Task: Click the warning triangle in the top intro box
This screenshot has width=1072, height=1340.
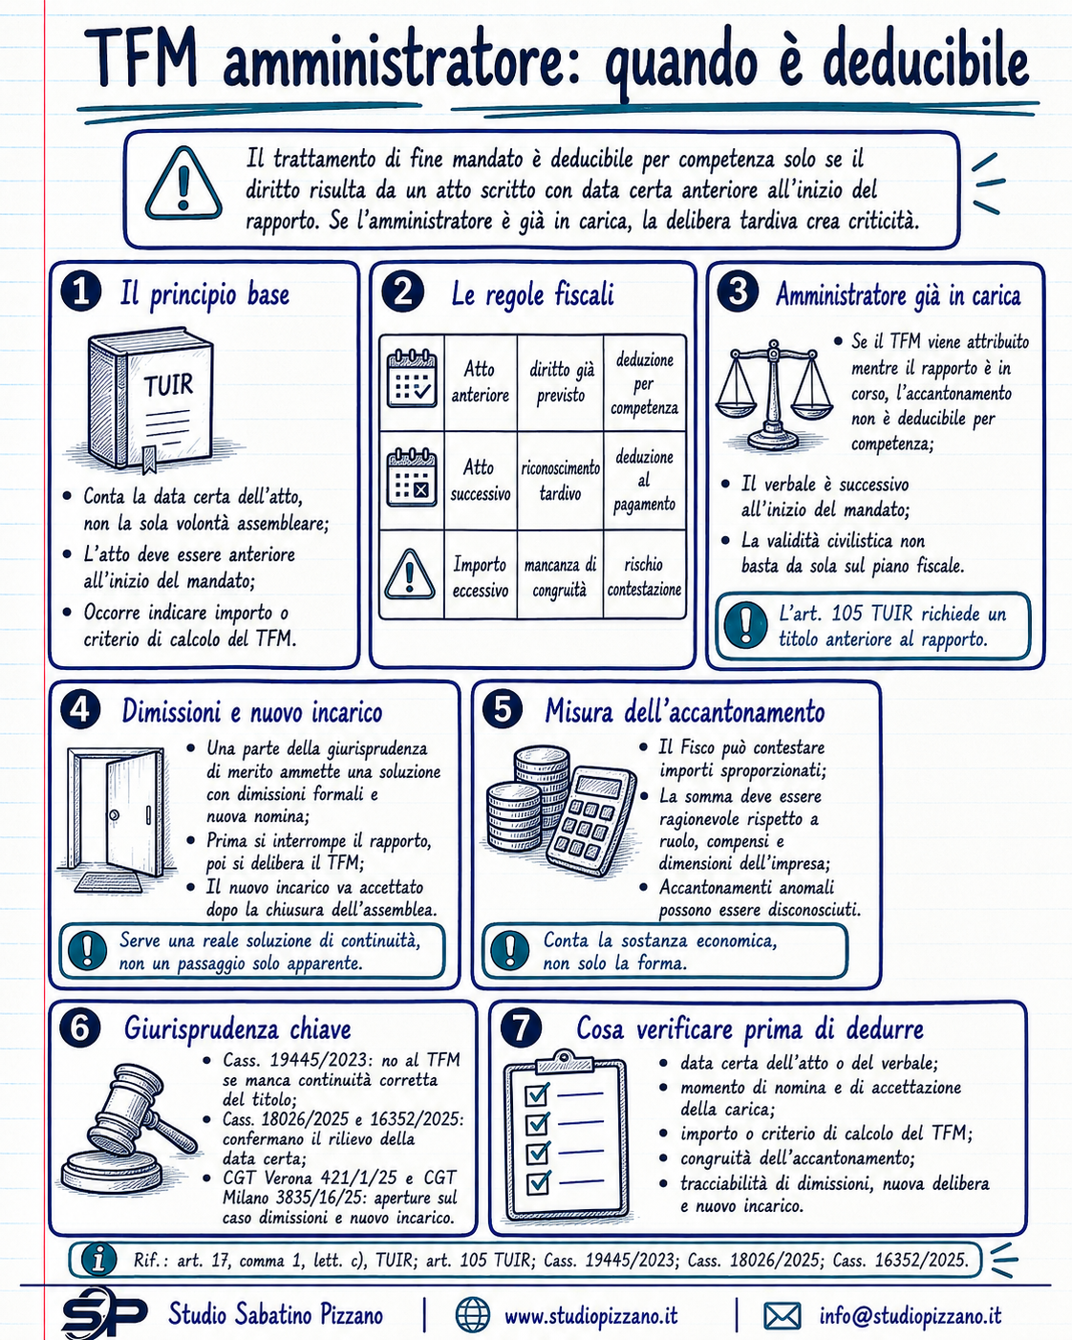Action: coord(183,184)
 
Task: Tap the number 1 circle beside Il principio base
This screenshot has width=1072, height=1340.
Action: coord(81,292)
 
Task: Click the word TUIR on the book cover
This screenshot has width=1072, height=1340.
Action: coord(168,385)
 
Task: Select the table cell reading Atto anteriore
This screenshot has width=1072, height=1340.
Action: coord(480,382)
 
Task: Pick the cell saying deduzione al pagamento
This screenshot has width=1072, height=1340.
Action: coord(644,481)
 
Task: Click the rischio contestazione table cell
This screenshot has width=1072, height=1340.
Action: coord(644,576)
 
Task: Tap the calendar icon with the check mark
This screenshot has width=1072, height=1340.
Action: coord(412,379)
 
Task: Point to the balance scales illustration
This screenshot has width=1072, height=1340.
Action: coord(773,396)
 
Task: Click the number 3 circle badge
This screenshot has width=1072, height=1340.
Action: coord(738,292)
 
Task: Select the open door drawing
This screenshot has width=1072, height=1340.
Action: coord(117,820)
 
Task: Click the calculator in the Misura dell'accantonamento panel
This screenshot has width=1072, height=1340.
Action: coord(591,821)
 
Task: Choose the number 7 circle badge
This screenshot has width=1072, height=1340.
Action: coord(521,1028)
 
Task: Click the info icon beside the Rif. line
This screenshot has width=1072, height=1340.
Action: coord(98,1260)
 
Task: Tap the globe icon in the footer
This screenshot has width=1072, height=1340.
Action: coord(473,1314)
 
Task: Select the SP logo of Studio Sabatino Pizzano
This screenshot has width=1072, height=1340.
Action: coord(103,1314)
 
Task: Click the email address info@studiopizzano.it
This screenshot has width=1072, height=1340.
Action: coord(911,1315)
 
